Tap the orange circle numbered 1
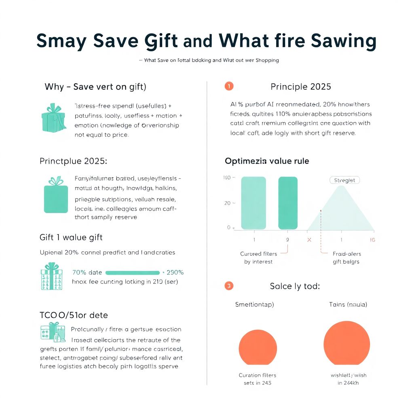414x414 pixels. click(228, 86)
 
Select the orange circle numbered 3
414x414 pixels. click(228, 286)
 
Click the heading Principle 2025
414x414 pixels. click(300, 87)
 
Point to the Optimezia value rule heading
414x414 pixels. click(267, 161)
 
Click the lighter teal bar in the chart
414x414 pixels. click(253, 203)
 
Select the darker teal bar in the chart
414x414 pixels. click(288, 203)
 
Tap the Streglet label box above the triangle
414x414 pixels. click(344, 180)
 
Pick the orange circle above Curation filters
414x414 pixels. click(258, 347)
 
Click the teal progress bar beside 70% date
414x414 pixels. click(132, 272)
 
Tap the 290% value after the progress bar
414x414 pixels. click(175, 272)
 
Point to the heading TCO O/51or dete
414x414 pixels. click(74, 315)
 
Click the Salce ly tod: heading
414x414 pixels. click(295, 286)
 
